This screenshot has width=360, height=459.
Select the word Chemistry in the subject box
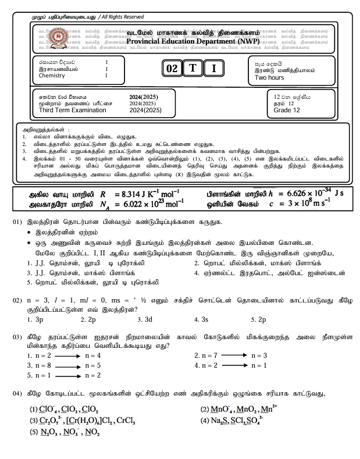[54, 76]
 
